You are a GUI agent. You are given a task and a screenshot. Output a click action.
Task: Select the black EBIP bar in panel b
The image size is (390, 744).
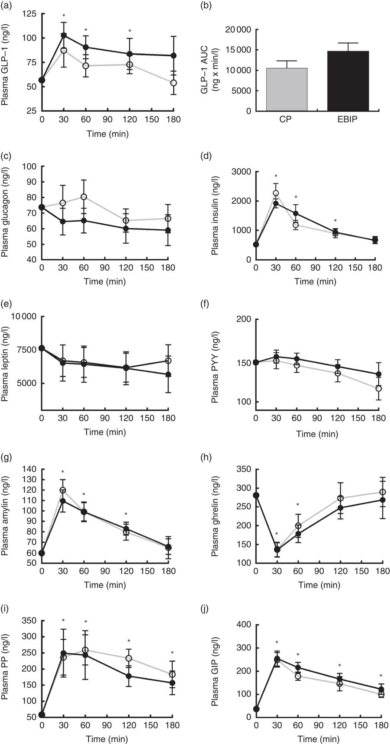tap(348, 81)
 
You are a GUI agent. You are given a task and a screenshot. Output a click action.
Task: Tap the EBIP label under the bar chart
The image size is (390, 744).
tap(348, 120)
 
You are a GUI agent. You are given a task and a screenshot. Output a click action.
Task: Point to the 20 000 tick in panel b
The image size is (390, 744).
tap(241, 30)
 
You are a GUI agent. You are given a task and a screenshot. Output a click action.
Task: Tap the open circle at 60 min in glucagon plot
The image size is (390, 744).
tap(84, 197)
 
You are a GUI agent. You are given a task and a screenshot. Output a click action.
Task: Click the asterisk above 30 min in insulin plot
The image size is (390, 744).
tap(276, 177)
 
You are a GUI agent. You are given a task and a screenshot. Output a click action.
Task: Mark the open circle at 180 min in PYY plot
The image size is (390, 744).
tap(379, 389)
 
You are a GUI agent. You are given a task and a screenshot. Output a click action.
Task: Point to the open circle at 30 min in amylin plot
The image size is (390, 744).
tap(63, 490)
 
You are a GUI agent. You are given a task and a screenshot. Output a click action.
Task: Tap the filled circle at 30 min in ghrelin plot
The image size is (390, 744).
tap(276, 550)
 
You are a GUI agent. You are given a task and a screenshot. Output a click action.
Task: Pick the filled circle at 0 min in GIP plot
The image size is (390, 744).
tap(256, 709)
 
